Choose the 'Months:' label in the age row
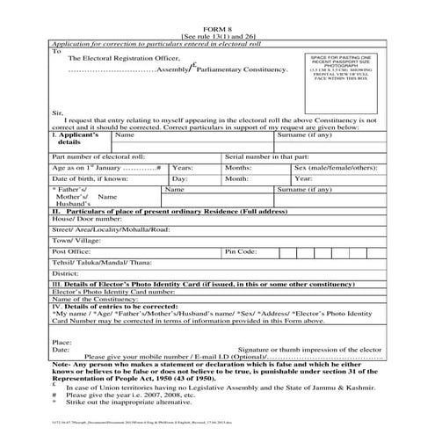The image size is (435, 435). click(x=238, y=166)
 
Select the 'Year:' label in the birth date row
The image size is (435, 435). click(x=303, y=178)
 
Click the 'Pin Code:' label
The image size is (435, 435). click(x=241, y=250)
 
